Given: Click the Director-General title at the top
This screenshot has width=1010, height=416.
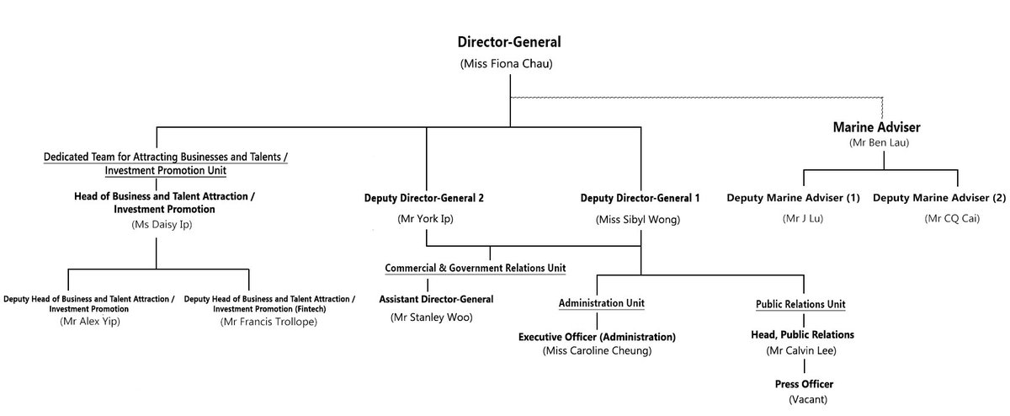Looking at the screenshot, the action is click(509, 42).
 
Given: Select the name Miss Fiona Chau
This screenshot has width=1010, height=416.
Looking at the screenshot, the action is click(507, 64).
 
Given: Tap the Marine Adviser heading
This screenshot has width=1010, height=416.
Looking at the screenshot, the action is click(876, 127).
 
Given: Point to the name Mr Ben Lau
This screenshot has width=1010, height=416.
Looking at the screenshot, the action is click(880, 142).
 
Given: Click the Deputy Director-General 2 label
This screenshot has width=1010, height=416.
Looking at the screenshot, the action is click(424, 198).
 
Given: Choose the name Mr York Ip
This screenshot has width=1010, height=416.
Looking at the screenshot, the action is click(425, 219).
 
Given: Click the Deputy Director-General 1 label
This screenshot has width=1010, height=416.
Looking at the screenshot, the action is click(640, 198).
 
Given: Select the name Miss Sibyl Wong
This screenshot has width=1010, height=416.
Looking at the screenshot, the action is click(638, 220).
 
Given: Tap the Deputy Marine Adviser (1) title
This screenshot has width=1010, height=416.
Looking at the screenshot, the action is click(793, 198).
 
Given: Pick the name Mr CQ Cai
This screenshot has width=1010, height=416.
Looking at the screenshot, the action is click(952, 218).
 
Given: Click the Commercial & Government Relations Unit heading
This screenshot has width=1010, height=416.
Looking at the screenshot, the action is click(476, 268).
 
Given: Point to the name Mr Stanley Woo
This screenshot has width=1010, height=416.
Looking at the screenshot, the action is click(432, 317).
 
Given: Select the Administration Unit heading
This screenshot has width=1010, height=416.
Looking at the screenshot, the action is click(602, 303).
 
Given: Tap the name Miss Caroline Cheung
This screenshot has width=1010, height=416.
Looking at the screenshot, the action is click(597, 350).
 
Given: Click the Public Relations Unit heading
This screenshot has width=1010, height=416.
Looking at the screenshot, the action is click(800, 304).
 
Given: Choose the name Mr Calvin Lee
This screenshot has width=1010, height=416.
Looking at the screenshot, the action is click(801, 350).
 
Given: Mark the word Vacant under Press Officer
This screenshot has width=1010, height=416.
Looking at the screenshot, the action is click(808, 399).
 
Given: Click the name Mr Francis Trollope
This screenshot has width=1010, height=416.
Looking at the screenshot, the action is click(268, 322).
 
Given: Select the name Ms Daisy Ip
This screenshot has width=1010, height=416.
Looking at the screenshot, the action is click(162, 224).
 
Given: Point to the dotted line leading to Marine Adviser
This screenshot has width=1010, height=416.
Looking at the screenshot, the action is click(697, 98).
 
